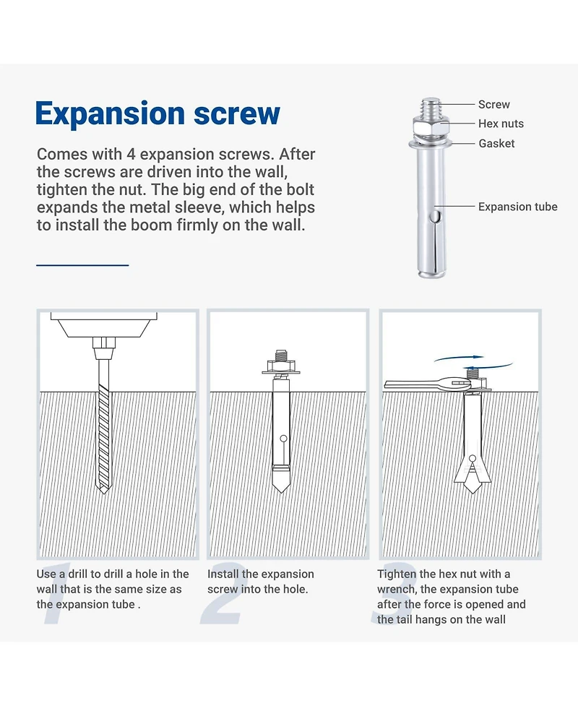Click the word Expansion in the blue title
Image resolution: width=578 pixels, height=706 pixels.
click(x=110, y=114)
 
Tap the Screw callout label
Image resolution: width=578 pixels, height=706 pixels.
click(x=493, y=105)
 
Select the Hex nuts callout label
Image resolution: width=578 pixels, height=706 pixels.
click(x=501, y=124)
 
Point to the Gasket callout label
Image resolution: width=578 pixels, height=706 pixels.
click(x=496, y=143)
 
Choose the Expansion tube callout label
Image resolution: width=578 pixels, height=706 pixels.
click(x=518, y=207)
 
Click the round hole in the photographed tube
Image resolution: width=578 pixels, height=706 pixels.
click(x=434, y=217)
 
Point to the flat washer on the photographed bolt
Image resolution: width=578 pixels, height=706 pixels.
click(x=431, y=143)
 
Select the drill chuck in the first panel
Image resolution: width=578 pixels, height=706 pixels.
click(x=104, y=348)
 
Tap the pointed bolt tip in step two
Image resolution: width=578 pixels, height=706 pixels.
click(x=281, y=486)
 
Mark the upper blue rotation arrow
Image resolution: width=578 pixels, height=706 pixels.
click(x=459, y=358)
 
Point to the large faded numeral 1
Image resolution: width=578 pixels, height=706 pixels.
click(x=56, y=593)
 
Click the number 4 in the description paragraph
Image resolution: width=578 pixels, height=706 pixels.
click(x=131, y=154)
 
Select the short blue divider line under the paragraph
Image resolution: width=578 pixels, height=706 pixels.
click(x=82, y=264)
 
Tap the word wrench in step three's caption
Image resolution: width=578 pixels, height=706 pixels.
click(x=396, y=590)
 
